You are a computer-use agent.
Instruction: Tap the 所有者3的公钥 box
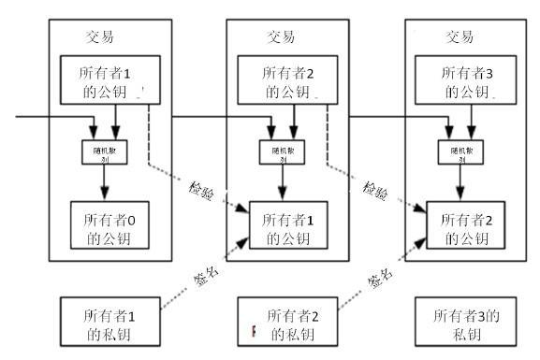click(465, 79)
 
